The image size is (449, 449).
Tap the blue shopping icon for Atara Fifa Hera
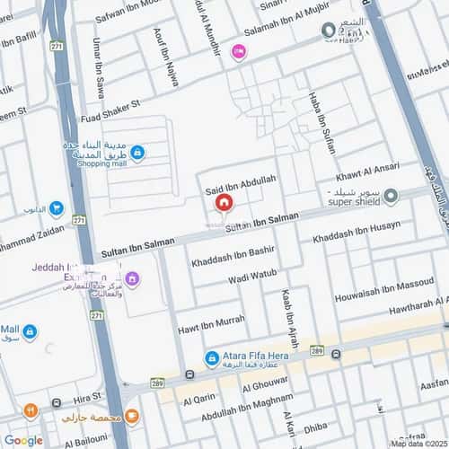pyautogui.click(x=212, y=358)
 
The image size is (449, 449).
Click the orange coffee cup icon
pyautogui.click(x=131, y=416)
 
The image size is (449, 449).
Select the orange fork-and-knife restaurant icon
pyautogui.click(x=30, y=410)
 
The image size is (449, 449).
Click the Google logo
pyautogui.click(x=23, y=440)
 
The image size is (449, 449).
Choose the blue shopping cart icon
pyautogui.click(x=56, y=209)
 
